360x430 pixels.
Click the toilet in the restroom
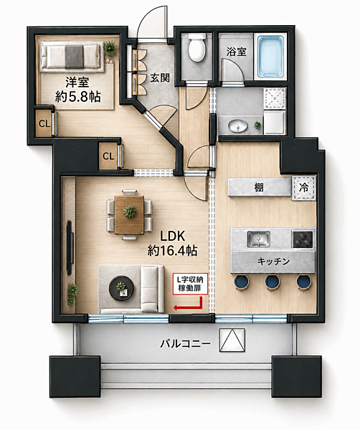coord(196,47)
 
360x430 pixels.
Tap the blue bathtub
coord(270,56)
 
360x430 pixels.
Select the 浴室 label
coord(236,52)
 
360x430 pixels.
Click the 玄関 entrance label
coord(160,78)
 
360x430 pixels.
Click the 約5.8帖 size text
coord(78,97)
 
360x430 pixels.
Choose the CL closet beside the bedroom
coord(44,124)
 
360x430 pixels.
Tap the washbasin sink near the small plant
coord(237,126)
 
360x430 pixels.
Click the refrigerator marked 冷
coord(303,188)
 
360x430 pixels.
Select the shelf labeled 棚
coord(260,188)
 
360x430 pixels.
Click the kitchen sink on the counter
coord(258,239)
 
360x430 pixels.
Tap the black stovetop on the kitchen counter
coord(303,239)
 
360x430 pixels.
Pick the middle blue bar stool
coord(273,282)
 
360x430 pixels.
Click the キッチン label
coord(273,262)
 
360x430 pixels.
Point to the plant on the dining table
coord(130,211)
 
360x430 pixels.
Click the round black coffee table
coord(121,288)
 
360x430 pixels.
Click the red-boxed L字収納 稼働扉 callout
coord(190,284)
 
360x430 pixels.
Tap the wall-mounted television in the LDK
coord(70,247)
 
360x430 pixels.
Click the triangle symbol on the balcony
coord(232,340)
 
